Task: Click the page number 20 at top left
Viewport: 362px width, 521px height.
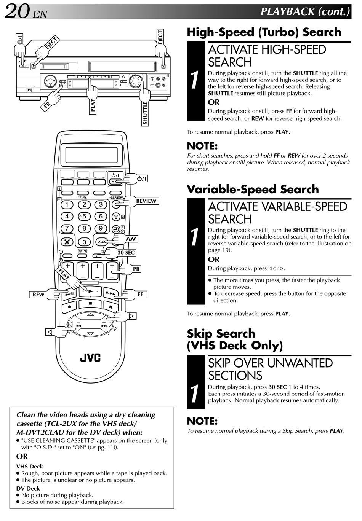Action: click(17, 11)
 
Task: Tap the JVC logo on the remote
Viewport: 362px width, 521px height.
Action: click(90, 358)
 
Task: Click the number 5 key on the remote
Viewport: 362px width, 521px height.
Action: click(84, 217)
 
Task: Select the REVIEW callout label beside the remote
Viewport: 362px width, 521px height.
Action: click(146, 201)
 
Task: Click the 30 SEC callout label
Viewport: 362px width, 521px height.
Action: click(126, 253)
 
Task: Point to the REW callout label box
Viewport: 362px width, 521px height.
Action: click(38, 294)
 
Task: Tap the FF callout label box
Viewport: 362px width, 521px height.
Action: click(140, 294)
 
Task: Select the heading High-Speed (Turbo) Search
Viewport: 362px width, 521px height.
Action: click(264, 32)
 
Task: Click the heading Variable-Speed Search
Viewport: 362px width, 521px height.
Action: click(253, 189)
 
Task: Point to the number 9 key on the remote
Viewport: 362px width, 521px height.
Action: click(101, 228)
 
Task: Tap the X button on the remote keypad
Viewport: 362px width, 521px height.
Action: click(67, 241)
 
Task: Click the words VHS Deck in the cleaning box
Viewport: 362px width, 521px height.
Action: click(29, 467)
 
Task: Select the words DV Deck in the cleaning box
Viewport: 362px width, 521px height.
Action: click(28, 488)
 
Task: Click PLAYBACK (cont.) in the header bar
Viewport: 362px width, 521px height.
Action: click(304, 11)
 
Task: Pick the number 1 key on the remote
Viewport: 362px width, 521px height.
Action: click(67, 205)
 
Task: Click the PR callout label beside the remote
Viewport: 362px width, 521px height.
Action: click(136, 269)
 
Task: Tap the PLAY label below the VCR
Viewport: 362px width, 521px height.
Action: click(93, 106)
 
